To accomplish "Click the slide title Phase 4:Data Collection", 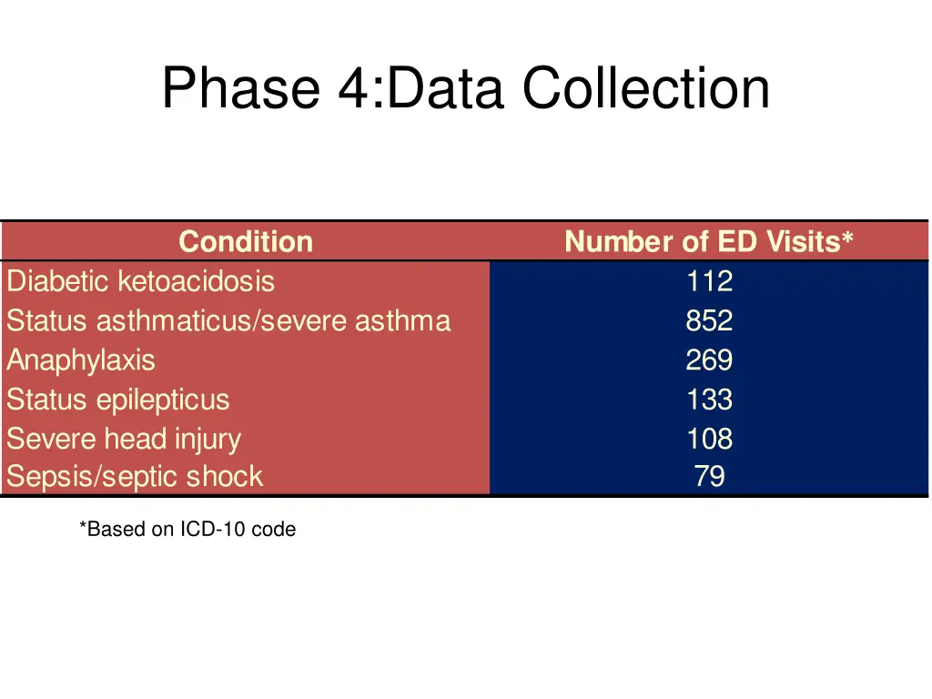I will pos(465,89).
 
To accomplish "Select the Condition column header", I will pos(246,241).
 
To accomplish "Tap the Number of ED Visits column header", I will pos(708,241).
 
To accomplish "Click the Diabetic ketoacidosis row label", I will pos(140,281).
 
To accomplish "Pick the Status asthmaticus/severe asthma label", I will pos(228,321).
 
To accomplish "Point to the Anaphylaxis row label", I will pos(81,360).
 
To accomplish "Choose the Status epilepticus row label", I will pos(118,400).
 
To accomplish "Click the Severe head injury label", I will pos(124,439).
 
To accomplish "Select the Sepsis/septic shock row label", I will pos(135,477).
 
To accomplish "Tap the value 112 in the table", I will pos(709,281).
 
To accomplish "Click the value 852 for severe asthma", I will pos(709,321).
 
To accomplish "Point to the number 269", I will pos(709,360).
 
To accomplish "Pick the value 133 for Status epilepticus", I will pos(709,400).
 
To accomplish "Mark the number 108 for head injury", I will pos(709,439).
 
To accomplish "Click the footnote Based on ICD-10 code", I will pos(187,529).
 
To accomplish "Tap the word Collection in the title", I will pos(645,89).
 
